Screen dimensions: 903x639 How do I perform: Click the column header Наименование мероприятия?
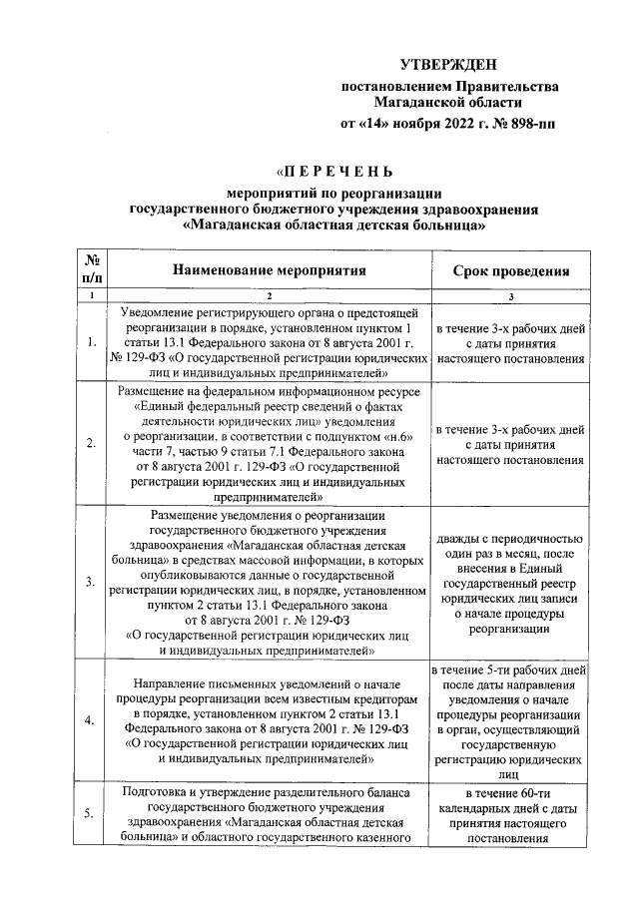tap(269, 269)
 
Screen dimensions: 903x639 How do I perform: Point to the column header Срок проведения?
tap(511, 270)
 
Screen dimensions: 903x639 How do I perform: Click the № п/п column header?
tap(91, 269)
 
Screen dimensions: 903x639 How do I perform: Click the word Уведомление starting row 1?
tap(166, 312)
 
